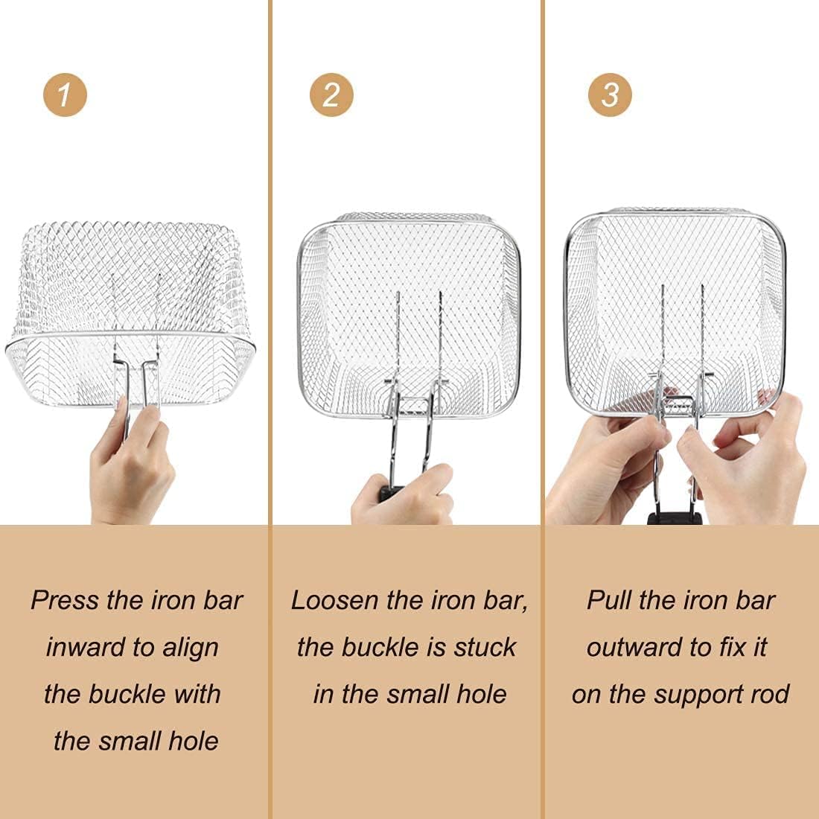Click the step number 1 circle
coord(65,95)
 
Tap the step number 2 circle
coord(331,95)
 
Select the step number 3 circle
coord(610,95)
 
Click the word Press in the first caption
coord(65,600)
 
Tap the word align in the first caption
coord(190,648)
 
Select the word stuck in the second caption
coord(485,647)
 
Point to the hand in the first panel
coord(130,465)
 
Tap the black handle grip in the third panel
coord(675,518)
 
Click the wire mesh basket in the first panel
coord(130,313)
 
